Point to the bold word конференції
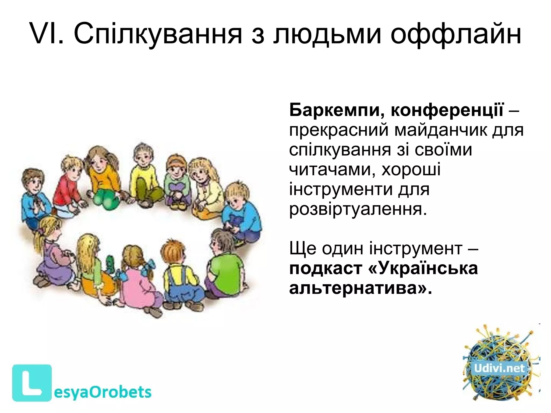click(447, 110)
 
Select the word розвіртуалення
click(358, 210)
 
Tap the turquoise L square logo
click(32, 382)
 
